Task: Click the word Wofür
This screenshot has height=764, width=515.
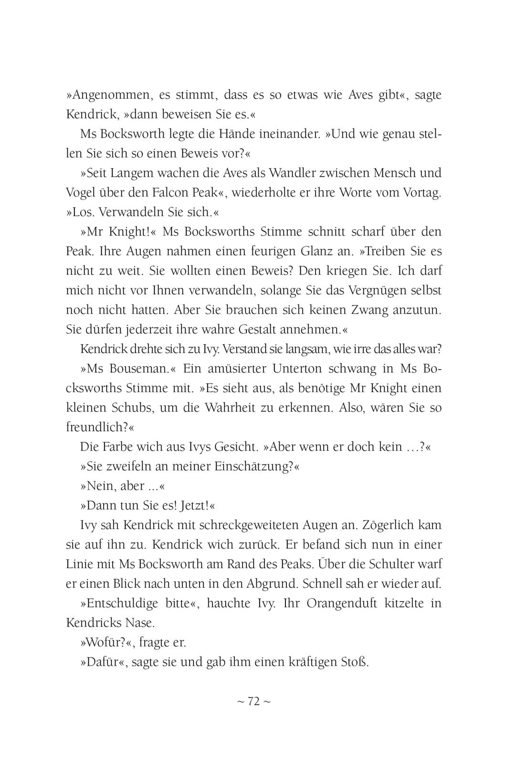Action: coord(102,643)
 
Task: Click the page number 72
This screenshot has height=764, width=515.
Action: coord(253,701)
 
